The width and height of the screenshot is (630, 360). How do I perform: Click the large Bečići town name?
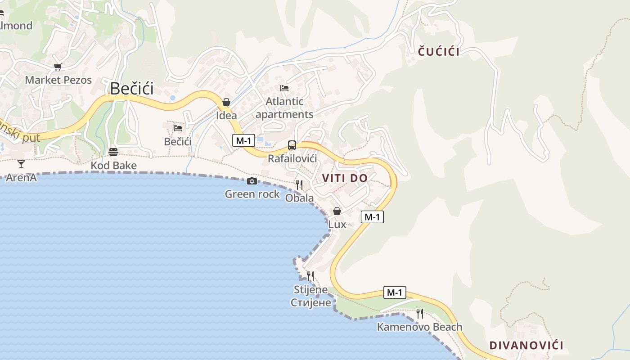[132, 88]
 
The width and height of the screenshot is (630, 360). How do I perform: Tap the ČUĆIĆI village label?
[439, 52]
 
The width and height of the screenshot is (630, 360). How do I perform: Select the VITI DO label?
[345, 178]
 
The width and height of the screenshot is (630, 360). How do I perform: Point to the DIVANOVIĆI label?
[526, 346]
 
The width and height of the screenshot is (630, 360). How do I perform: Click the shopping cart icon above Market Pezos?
[58, 67]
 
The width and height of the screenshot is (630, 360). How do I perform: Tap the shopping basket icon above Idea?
[226, 103]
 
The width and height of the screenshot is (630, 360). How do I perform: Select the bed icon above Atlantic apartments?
[284, 88]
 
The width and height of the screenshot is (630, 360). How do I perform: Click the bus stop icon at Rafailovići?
[292, 145]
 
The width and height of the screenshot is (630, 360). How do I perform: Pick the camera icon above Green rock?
[252, 181]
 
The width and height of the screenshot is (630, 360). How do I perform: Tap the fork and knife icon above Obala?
[299, 184]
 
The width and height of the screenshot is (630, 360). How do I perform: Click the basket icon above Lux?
[337, 211]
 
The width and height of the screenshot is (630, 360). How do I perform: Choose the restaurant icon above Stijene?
[310, 276]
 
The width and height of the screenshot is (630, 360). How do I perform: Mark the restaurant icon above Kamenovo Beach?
[420, 313]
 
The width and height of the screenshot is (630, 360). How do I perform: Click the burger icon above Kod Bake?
[113, 152]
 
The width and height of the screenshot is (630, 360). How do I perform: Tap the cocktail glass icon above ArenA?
[21, 164]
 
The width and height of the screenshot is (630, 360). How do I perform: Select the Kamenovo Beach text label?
[419, 327]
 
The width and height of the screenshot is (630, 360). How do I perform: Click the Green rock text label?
[252, 194]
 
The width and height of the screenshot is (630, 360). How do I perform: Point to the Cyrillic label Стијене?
[310, 302]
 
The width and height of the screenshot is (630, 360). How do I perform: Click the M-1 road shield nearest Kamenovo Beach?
[395, 292]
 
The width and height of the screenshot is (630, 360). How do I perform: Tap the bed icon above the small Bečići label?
[178, 128]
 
